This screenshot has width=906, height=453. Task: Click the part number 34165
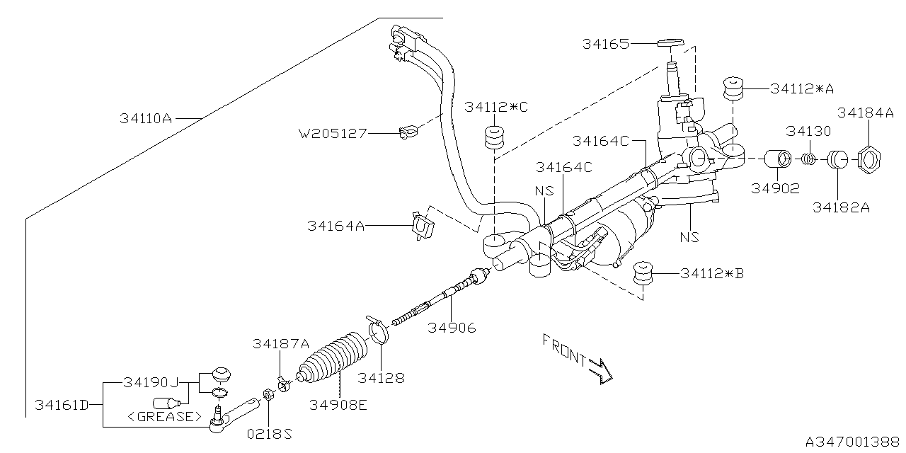[605, 43]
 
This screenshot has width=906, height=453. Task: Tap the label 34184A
[865, 113]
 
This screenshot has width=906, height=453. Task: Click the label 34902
[776, 188]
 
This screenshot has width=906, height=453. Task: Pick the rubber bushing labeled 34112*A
[733, 88]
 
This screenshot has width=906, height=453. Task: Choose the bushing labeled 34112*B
[643, 273]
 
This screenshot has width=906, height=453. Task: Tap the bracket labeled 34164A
[423, 225]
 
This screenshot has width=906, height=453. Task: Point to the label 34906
[452, 328]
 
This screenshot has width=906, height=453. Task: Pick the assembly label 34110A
[146, 118]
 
